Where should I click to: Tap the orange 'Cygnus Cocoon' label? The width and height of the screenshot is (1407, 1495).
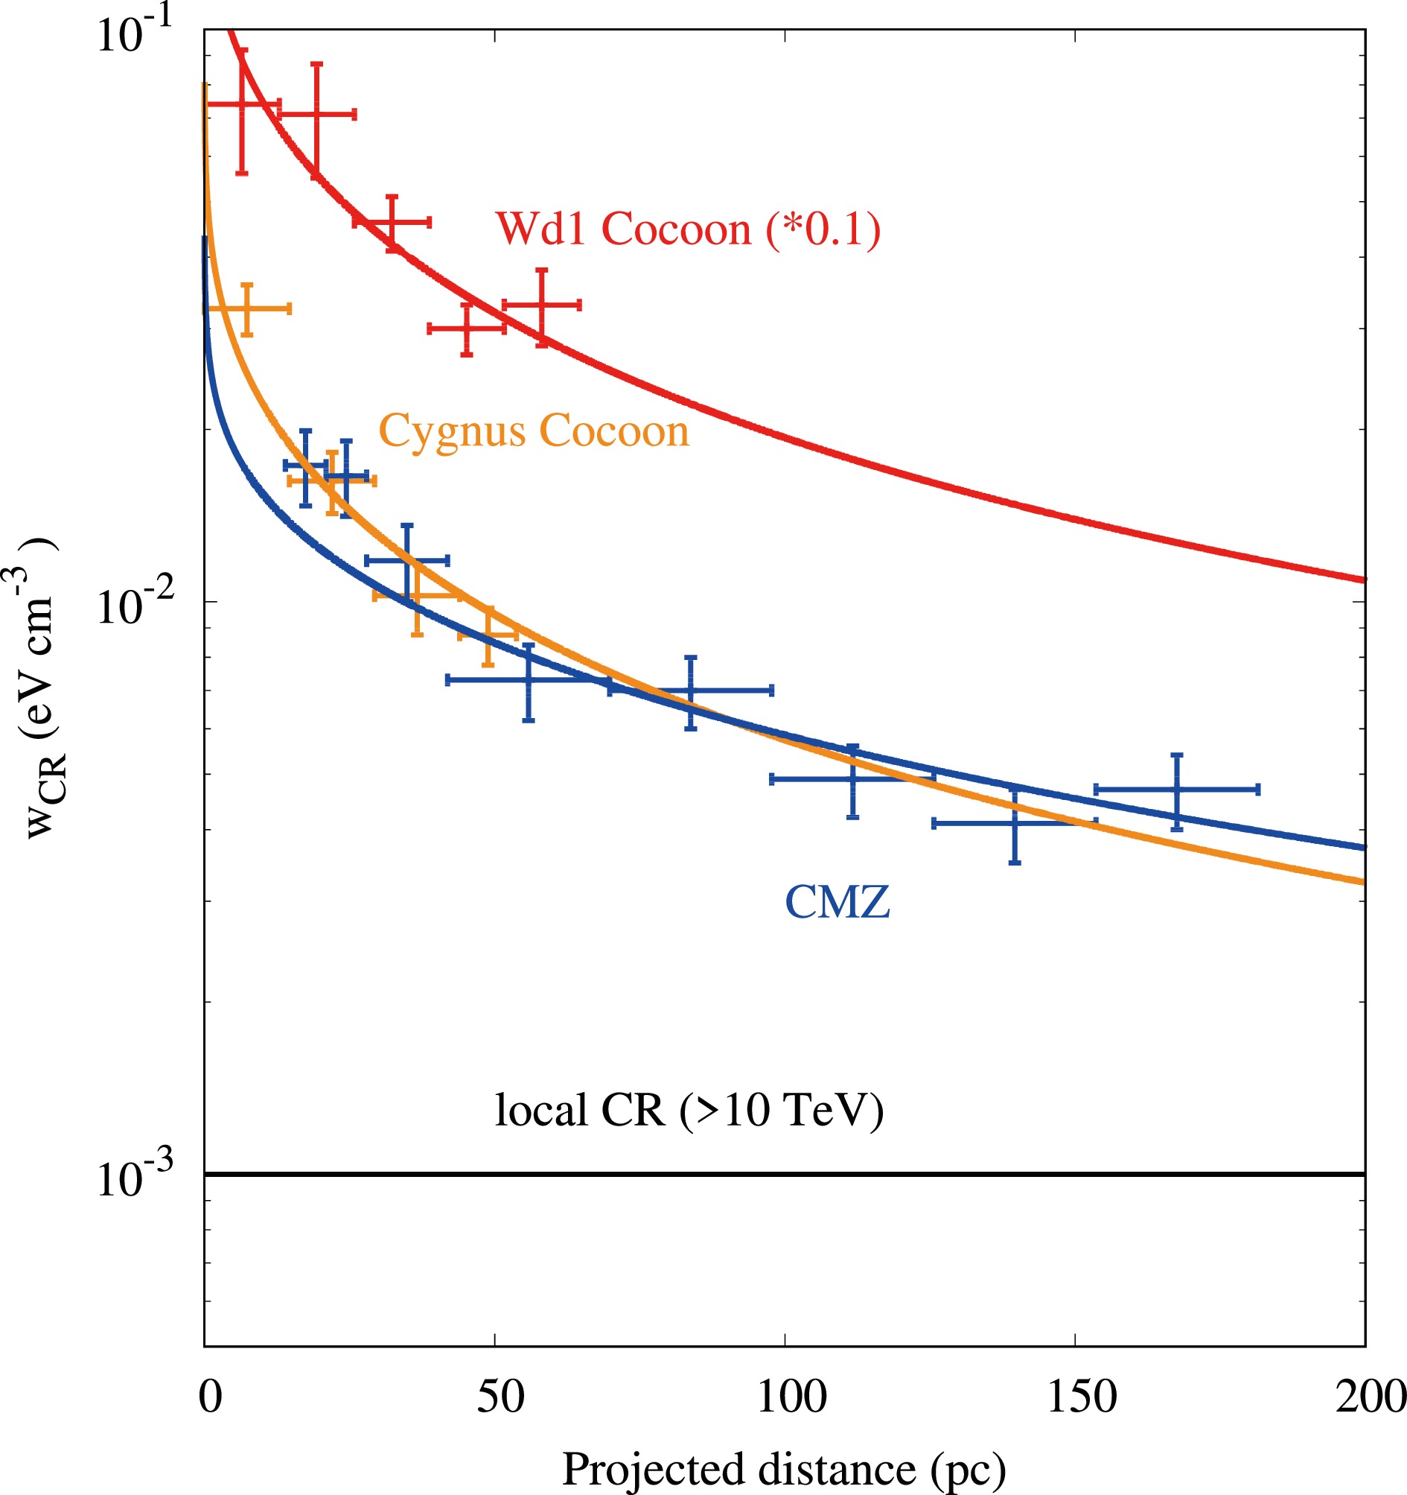[534, 431]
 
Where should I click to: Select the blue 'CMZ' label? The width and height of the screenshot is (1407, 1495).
[837, 901]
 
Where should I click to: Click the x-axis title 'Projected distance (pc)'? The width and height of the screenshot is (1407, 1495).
[783, 1469]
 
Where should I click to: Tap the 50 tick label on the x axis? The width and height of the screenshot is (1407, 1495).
[500, 1397]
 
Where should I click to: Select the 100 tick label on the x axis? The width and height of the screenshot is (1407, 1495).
[791, 1397]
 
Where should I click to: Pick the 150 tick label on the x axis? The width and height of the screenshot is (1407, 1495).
[1082, 1397]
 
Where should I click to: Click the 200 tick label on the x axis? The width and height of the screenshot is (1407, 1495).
[1370, 1397]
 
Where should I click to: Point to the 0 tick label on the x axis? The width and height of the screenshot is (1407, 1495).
[211, 1397]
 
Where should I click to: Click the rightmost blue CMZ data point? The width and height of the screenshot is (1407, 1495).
[1177, 790]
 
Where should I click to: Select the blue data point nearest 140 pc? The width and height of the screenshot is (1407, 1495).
[1015, 823]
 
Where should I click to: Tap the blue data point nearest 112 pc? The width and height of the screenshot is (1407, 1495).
[852, 779]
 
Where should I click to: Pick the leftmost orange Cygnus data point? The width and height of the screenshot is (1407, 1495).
[247, 308]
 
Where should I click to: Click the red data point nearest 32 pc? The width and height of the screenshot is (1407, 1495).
[392, 222]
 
